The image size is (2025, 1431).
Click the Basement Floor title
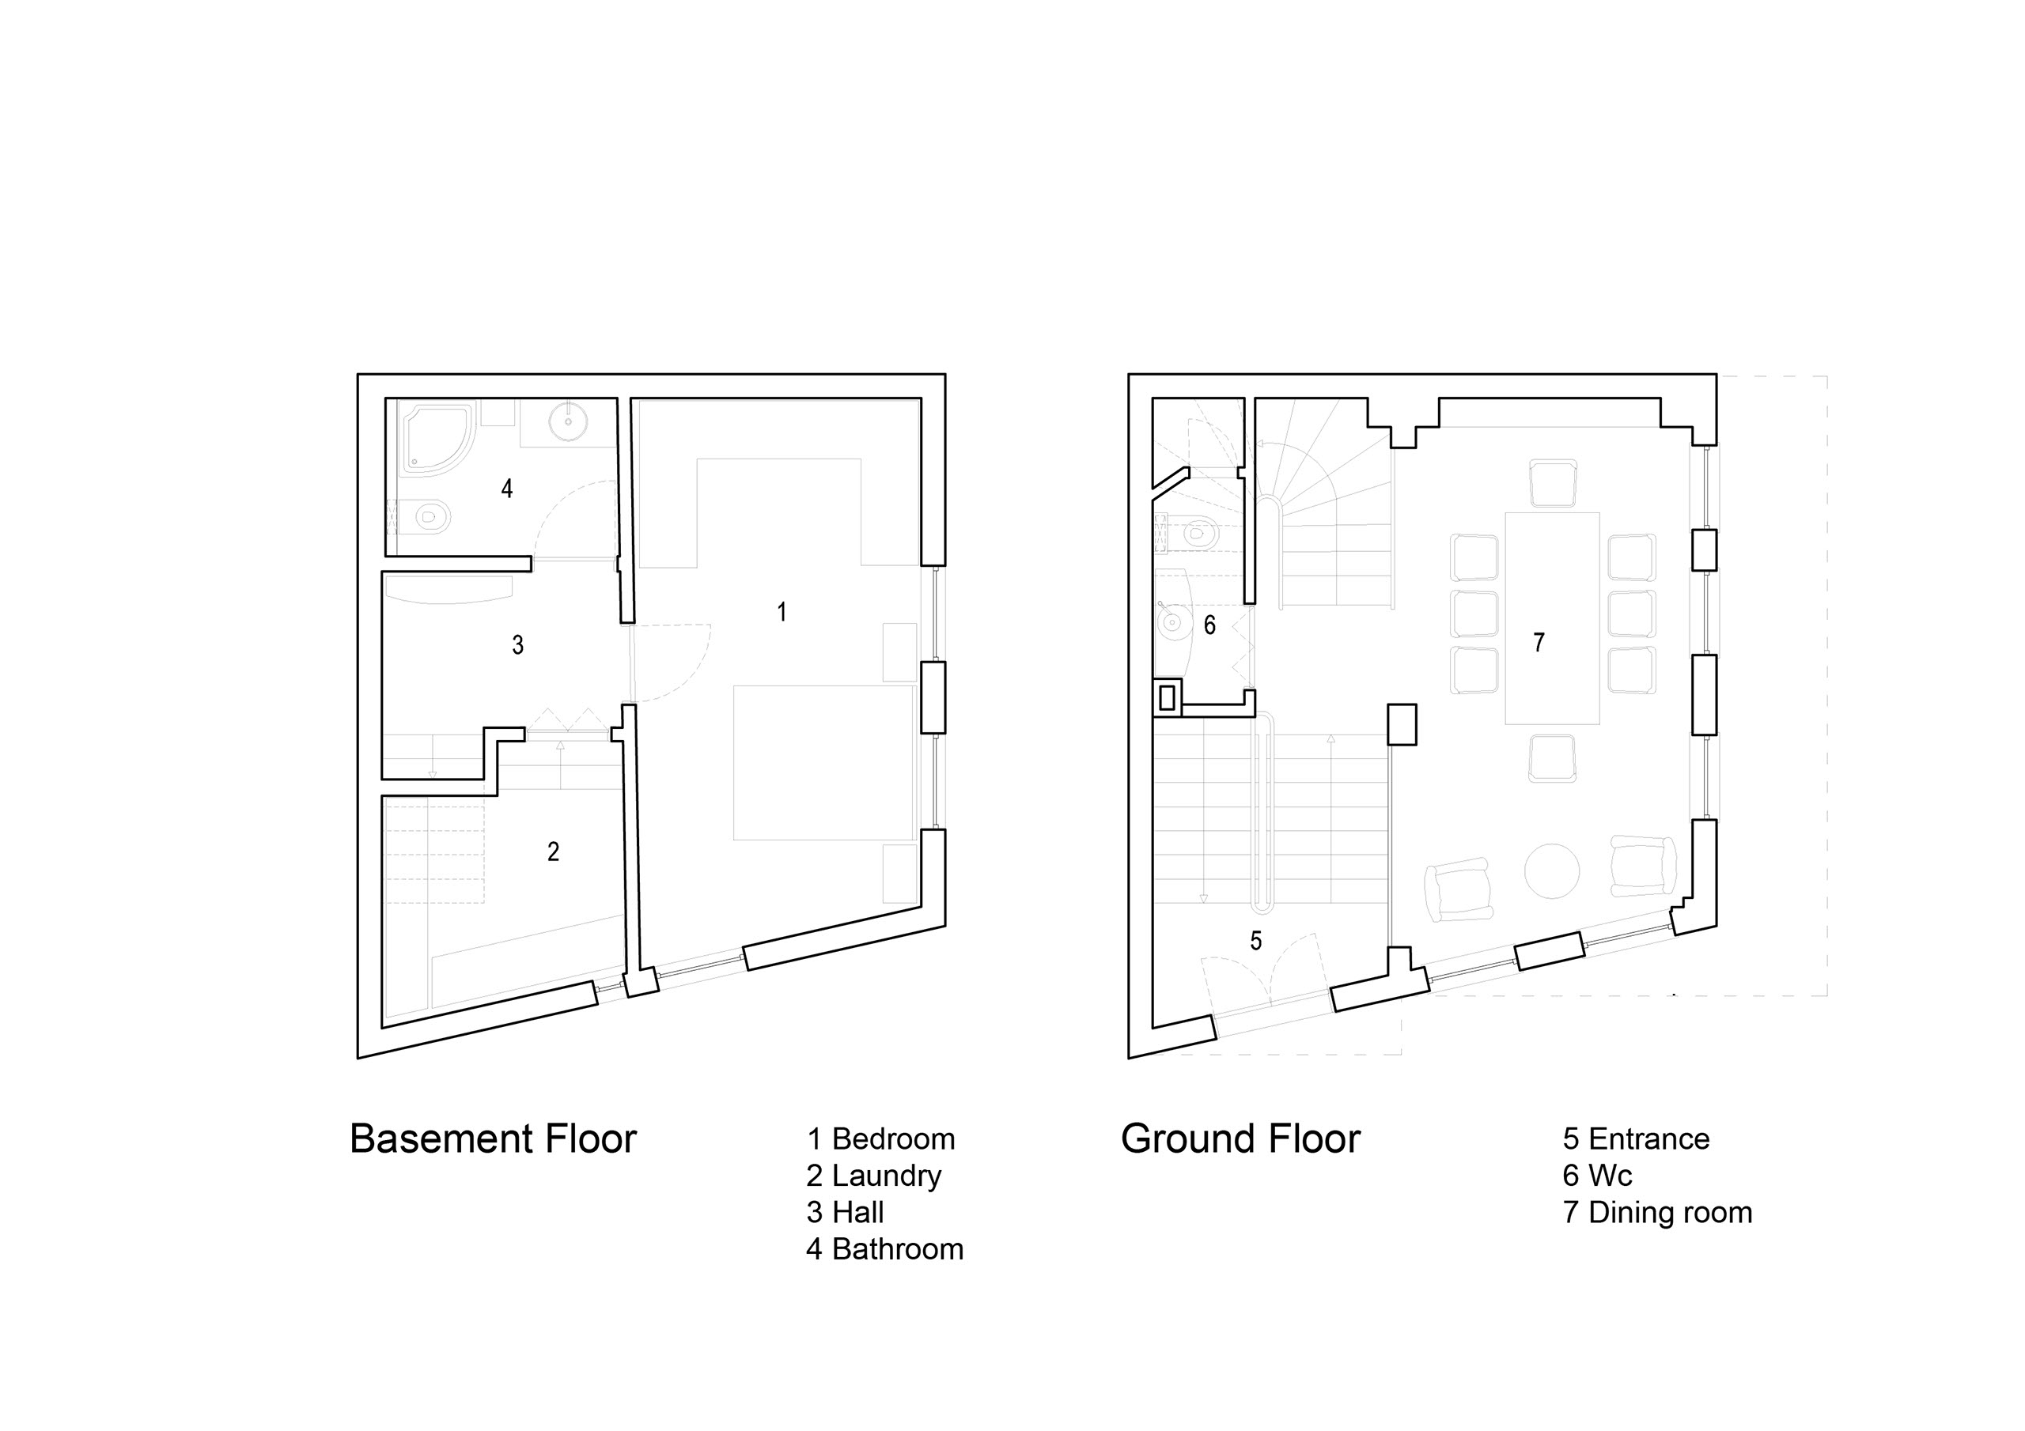click(493, 1139)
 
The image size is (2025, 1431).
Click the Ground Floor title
click(1240, 1139)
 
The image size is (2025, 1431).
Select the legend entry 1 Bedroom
click(880, 1139)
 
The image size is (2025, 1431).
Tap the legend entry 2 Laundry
click(873, 1176)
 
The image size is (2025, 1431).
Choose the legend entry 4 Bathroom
click(884, 1249)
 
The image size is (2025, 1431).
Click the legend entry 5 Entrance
click(1636, 1139)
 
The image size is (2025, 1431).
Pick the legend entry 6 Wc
click(1597, 1176)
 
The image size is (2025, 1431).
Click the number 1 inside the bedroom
click(782, 612)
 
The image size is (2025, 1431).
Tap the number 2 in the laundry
click(553, 851)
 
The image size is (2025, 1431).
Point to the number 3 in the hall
click(517, 645)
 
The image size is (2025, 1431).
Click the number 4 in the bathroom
click(507, 489)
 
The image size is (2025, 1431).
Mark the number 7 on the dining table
click(1539, 643)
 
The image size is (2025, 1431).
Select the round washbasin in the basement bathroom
click(567, 421)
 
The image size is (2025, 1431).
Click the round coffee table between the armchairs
click(1551, 870)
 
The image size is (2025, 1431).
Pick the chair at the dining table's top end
click(1552, 483)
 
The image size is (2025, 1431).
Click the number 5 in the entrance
click(1256, 941)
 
